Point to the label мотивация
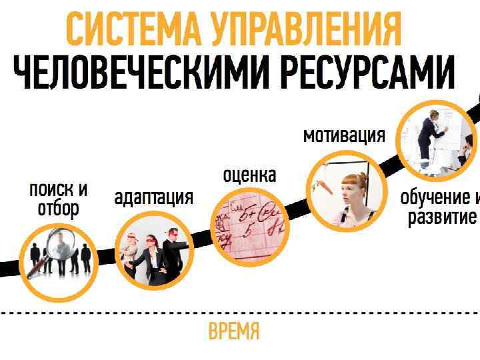344,135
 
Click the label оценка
249,175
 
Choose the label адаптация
153,197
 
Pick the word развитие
442,218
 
